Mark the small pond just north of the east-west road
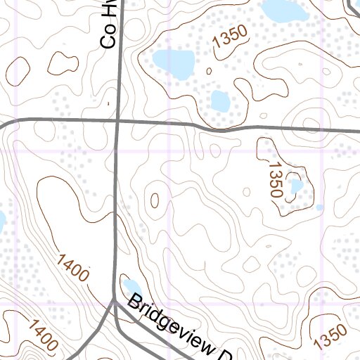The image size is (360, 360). (220, 102)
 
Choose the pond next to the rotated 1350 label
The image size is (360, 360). (296, 186)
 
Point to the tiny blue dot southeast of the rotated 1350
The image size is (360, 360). (319, 207)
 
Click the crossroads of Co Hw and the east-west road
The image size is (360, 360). (117, 121)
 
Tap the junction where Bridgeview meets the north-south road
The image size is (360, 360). (115, 300)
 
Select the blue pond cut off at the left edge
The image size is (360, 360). (2, 222)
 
